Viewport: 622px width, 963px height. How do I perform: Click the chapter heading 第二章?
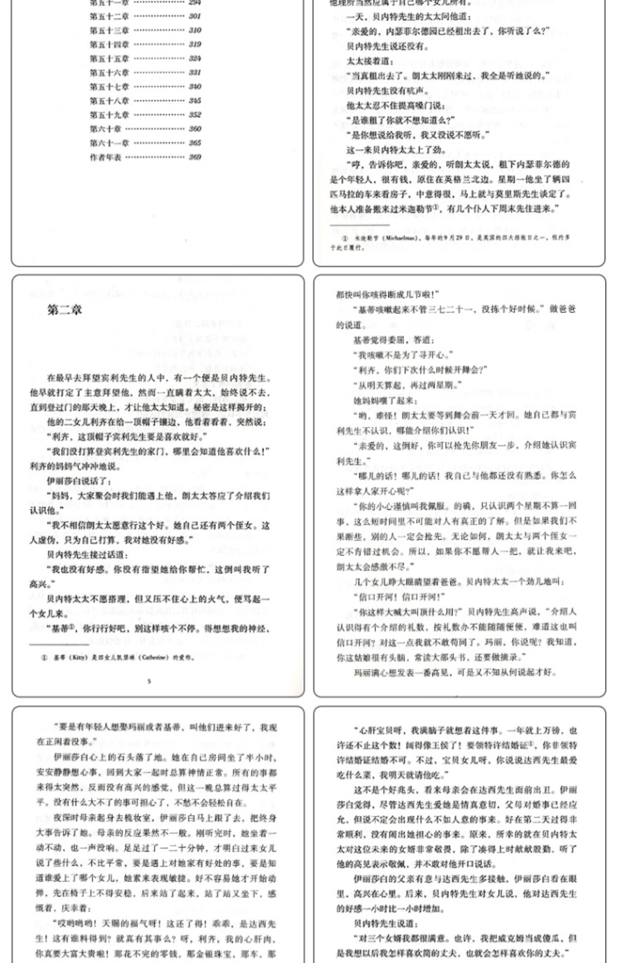[x=65, y=310]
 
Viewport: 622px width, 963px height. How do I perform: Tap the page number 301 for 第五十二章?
[x=194, y=17]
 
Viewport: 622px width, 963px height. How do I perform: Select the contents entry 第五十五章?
[x=109, y=58]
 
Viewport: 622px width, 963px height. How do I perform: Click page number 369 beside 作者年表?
[x=194, y=157]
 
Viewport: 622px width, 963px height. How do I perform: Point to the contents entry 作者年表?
[x=105, y=157]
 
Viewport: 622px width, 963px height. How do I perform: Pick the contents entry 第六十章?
[x=105, y=129]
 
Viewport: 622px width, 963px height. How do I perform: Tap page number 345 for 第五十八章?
[x=194, y=101]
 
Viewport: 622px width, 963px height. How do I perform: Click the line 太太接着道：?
[x=370, y=61]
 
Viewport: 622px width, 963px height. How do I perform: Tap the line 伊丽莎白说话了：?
[x=79, y=481]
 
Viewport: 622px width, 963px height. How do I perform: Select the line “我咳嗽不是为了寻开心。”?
[x=403, y=355]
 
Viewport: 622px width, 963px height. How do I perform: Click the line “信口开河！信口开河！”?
[x=398, y=597]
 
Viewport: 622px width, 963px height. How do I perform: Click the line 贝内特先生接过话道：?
[x=87, y=555]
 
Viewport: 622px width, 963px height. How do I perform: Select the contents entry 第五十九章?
[x=109, y=115]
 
